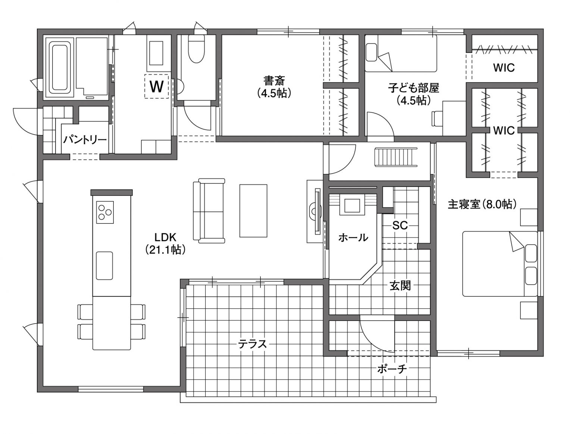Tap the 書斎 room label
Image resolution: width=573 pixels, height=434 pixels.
274,81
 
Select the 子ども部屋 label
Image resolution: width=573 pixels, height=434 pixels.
413,88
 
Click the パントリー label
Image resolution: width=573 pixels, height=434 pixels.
85,140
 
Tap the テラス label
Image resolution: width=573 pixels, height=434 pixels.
253,344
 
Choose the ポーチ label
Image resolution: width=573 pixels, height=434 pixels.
392,369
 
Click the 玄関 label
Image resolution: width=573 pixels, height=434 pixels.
400,286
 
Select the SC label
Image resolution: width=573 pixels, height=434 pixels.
400,225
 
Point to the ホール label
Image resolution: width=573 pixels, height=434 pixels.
353,238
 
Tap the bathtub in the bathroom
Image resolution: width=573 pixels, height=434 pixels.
61,68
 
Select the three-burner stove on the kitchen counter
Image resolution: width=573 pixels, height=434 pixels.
105,212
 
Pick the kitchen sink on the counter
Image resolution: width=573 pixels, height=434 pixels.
104,266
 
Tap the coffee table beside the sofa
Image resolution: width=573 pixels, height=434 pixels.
253,211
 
